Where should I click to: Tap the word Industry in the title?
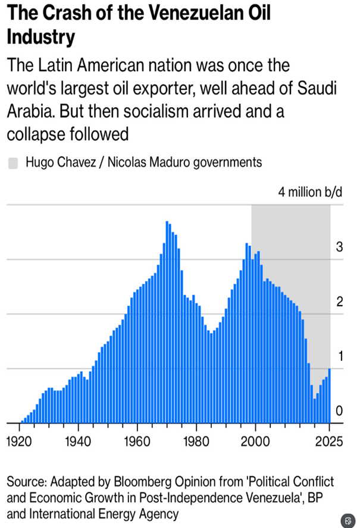[x=41, y=37]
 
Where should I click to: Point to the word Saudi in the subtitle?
[x=317, y=88]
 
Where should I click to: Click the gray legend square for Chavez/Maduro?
[x=13, y=163]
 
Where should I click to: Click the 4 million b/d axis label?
[x=310, y=192]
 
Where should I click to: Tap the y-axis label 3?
[x=339, y=247]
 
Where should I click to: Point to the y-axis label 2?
[x=339, y=301]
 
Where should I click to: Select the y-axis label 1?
[x=340, y=356]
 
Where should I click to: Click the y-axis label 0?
[x=339, y=411]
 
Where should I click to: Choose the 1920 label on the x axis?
[x=19, y=441]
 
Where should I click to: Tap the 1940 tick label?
[x=78, y=441]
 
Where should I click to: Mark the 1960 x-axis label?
[x=137, y=441]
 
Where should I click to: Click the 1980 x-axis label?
[x=196, y=441]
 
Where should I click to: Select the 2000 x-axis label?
[x=255, y=441]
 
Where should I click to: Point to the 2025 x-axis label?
[x=329, y=441]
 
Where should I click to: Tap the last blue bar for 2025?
[x=329, y=395]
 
